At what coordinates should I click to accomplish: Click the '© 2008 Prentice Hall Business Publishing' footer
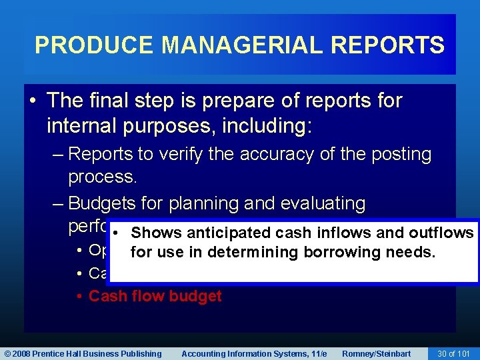pyautogui.click(x=83, y=353)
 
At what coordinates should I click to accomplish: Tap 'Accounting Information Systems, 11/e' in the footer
pyautogui.click(x=254, y=353)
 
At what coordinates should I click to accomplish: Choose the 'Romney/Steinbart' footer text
pyautogui.click(x=376, y=353)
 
